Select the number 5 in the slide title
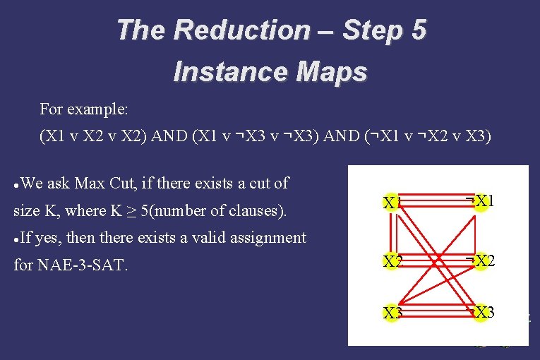coord(416,30)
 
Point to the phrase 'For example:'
coord(84,109)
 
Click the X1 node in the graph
coord(392,203)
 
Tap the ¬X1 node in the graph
coord(480,202)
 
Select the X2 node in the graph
coord(392,262)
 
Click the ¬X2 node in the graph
coord(480,261)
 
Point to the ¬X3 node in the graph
coord(480,313)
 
